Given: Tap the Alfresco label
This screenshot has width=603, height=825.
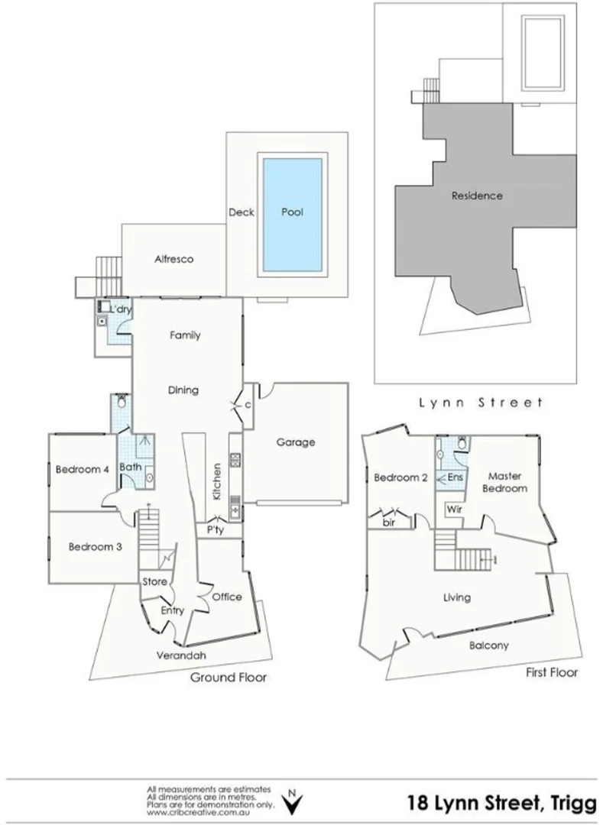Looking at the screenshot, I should (174, 259).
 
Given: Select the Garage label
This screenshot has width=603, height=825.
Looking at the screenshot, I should (295, 442).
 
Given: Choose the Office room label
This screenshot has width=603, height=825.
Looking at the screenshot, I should (227, 597).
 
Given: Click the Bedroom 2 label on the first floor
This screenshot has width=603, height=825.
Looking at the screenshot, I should (400, 478).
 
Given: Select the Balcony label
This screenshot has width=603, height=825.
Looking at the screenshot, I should (489, 645).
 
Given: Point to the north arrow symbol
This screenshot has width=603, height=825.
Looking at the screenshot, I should (290, 802).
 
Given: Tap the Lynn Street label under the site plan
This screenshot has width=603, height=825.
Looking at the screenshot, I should (480, 402).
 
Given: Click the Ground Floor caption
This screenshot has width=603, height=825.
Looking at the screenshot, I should (229, 678).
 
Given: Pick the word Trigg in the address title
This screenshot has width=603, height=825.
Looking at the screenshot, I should (569, 803).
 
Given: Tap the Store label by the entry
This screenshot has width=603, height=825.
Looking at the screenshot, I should (154, 582).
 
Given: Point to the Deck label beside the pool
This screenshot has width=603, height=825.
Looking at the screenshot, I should (242, 212).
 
